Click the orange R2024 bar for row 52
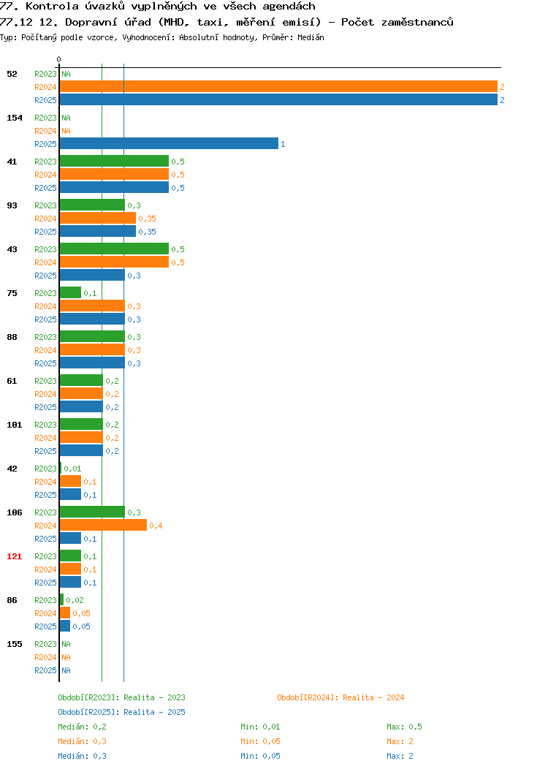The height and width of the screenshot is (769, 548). click(278, 87)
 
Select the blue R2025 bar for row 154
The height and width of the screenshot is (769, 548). click(169, 144)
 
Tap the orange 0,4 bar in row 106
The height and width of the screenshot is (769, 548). click(104, 526)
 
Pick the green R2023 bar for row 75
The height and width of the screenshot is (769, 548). click(71, 293)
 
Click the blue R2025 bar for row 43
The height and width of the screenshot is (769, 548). click(93, 275)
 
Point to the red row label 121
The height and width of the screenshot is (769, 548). click(14, 556)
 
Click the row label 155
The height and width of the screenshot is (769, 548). click(14, 644)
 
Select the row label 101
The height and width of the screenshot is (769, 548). click(14, 425)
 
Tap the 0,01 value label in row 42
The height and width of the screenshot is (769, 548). click(72, 469)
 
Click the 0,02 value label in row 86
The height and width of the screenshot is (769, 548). click(75, 600)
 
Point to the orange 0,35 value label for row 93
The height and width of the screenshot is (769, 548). click(147, 219)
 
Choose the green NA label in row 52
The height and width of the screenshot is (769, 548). click(66, 74)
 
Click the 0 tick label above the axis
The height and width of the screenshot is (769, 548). click(59, 59)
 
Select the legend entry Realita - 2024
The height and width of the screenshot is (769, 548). click(340, 697)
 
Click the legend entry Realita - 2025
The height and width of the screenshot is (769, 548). click(121, 712)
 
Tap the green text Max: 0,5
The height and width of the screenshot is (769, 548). click(404, 727)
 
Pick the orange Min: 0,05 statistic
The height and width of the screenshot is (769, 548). click(260, 741)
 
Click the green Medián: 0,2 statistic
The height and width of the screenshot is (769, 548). click(83, 727)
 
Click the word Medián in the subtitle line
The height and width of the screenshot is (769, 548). click(311, 37)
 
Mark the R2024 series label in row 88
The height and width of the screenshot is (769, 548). click(45, 350)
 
